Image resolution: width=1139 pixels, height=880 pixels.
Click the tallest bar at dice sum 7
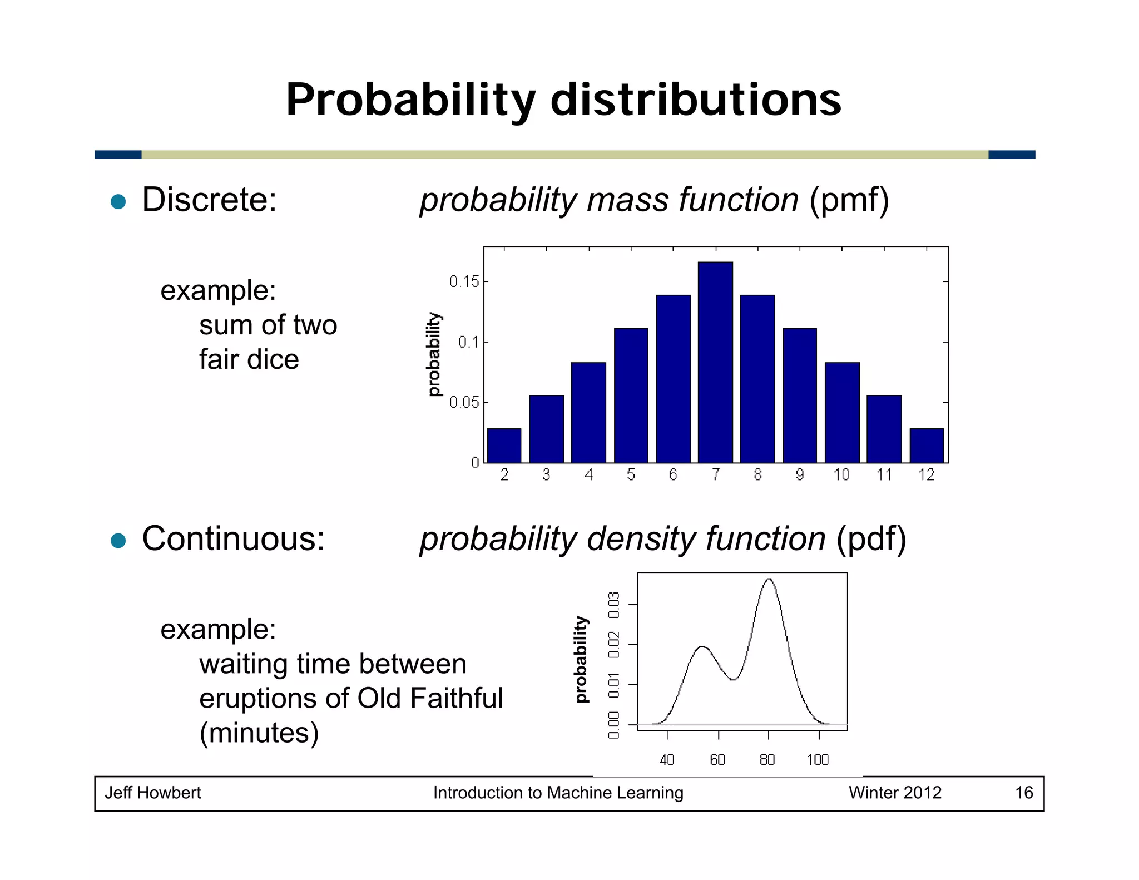pyautogui.click(x=715, y=362)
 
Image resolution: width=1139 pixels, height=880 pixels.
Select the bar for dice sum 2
pyautogui.click(x=504, y=446)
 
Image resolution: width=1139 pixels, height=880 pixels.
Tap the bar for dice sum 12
pyautogui.click(x=927, y=446)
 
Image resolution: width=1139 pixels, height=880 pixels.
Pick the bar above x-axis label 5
pyautogui.click(x=631, y=395)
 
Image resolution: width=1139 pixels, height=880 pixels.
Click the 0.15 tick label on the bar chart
pyautogui.click(x=464, y=281)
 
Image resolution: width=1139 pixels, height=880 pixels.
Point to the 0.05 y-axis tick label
pyautogui.click(x=464, y=402)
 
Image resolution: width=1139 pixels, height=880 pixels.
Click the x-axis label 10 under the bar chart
pyautogui.click(x=841, y=474)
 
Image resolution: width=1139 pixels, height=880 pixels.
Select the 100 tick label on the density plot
pyautogui.click(x=818, y=759)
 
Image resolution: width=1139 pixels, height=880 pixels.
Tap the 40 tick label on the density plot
pyautogui.click(x=667, y=759)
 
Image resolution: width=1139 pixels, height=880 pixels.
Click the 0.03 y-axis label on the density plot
pyautogui.click(x=614, y=605)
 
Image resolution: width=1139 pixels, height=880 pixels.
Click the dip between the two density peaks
pyautogui.click(x=734, y=679)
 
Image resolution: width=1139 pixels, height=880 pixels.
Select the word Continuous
pyautogui.click(x=233, y=538)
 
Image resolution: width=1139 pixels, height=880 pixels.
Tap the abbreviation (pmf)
pyautogui.click(x=849, y=200)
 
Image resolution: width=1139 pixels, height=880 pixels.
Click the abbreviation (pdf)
pyautogui.click(x=871, y=539)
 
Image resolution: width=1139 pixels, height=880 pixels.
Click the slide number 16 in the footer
pyautogui.click(x=1024, y=793)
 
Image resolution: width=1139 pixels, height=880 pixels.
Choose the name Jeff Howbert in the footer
pyautogui.click(x=153, y=793)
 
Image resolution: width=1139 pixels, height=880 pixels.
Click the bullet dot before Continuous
pyautogui.click(x=118, y=540)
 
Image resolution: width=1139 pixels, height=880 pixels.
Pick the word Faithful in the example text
pyautogui.click(x=456, y=698)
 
